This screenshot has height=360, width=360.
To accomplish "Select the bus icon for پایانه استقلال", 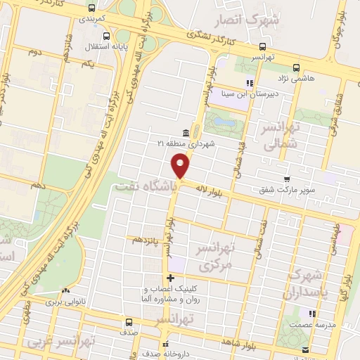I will pos(105,37).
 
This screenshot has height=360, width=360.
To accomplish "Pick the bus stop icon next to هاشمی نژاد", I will pos(296,69).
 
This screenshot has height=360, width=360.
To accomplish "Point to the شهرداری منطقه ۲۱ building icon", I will pos(186,134).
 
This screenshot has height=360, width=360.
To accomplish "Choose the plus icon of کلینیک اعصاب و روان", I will pos(169,278).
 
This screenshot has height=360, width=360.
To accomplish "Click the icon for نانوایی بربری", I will pos(65,290).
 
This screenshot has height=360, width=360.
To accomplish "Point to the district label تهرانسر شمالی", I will pos(280,136).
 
